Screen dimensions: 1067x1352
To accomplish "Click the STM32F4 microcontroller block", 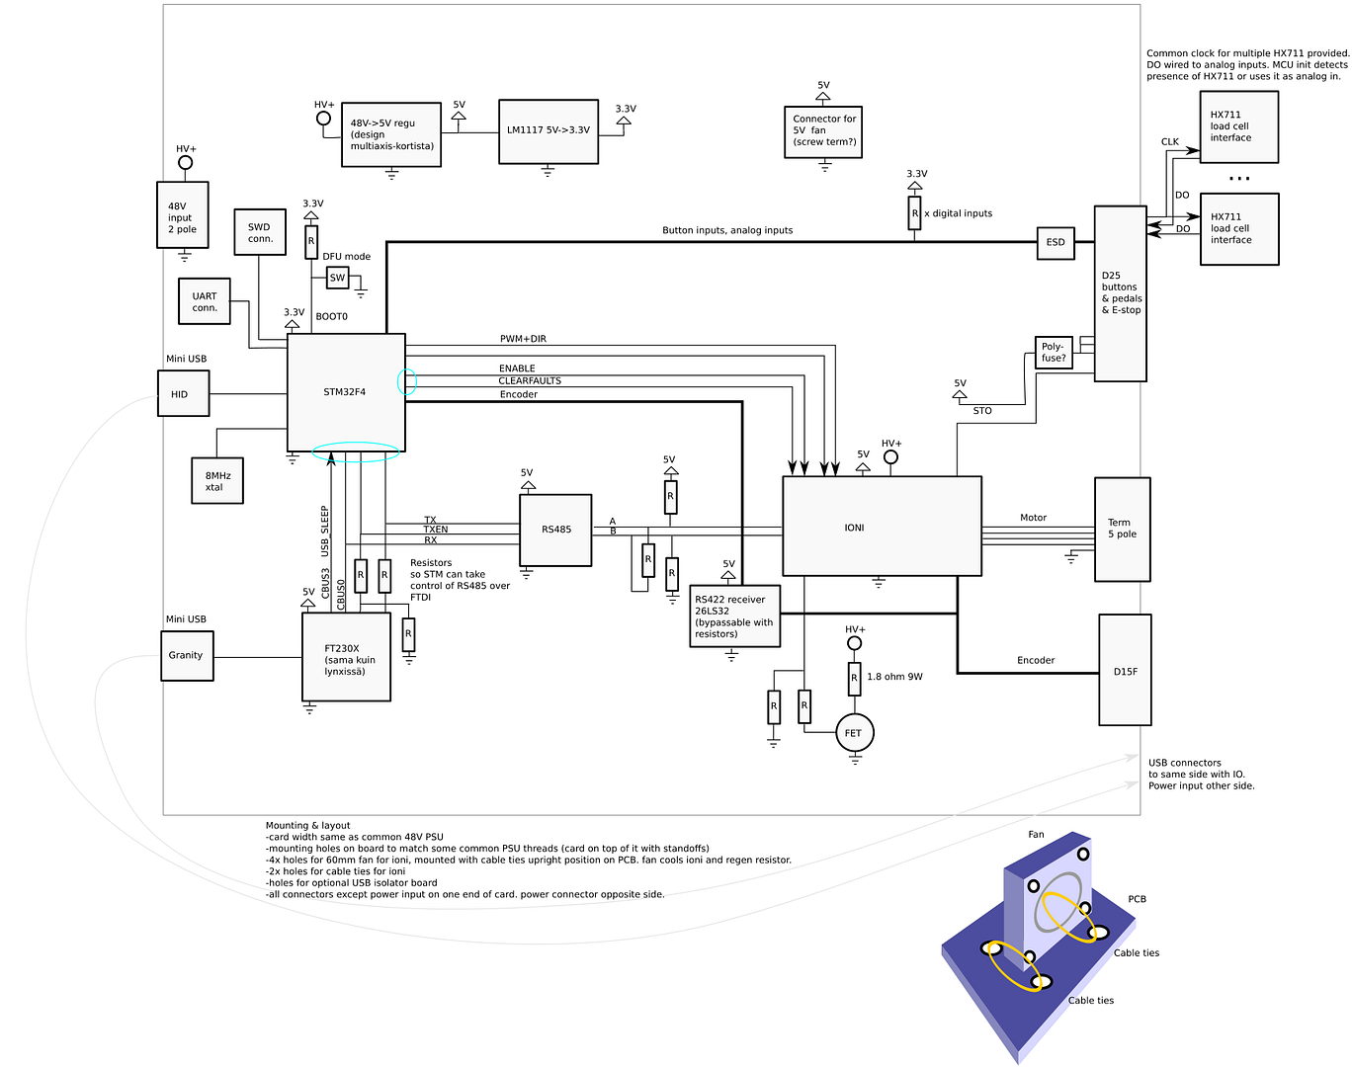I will pos(346,392).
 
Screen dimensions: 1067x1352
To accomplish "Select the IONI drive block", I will pos(882,527).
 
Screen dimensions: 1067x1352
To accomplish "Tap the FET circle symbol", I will pos(855,733).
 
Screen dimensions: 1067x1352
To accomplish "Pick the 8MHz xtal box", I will pos(217,481).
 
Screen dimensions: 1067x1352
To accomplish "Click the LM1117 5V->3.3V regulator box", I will pos(549,131).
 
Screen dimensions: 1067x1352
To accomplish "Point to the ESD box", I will pos(1056,243).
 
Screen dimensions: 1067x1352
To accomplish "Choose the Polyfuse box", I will pos(1054,353).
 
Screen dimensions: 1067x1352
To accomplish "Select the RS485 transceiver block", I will pos(556,530).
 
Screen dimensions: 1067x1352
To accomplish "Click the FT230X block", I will pos(346,657).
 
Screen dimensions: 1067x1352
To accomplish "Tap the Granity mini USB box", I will pos(187,655).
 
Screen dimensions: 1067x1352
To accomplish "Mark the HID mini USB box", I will pos(183,394).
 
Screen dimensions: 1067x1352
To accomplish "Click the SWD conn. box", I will pos(260,233).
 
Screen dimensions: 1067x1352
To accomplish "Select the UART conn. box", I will pos(205,302).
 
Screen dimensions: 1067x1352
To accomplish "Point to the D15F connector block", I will pos(1125,671).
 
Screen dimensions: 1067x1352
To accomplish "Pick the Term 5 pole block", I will pos(1123,530).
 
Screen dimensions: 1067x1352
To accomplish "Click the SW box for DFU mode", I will pos(338,278).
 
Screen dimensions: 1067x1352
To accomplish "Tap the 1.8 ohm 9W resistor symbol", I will pos(855,679).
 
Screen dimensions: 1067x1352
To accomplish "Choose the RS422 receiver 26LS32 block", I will pos(735,616).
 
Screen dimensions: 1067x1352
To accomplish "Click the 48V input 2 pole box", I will pos(183,215).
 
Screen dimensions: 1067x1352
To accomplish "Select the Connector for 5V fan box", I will pos(823,130).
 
